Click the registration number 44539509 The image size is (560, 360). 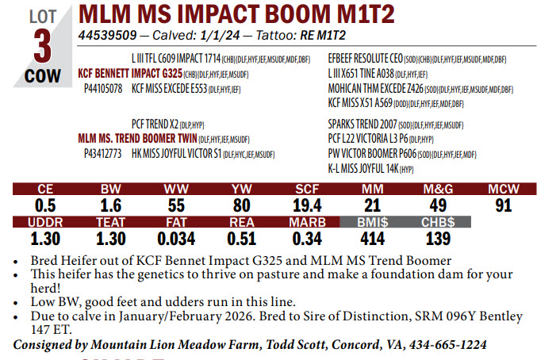coord(108,36)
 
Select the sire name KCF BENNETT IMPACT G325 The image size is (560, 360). coord(130,73)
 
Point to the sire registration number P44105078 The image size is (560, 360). coord(102,88)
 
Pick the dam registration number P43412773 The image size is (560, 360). coord(102,154)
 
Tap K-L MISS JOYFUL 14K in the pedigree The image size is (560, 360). coord(363,168)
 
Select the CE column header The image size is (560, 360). coord(45,189)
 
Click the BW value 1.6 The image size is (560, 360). coord(110,205)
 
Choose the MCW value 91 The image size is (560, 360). coord(503,205)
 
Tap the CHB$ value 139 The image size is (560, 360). coord(438,238)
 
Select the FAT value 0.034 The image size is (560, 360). coord(176,238)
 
